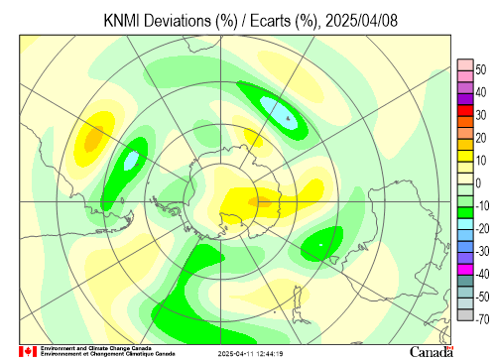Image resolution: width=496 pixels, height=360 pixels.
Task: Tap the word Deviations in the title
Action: coord(178,21)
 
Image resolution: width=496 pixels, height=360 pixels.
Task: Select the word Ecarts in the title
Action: coord(270,21)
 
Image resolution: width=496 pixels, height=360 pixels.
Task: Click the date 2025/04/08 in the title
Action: coord(361,21)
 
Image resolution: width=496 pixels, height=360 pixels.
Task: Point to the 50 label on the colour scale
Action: coord(481,69)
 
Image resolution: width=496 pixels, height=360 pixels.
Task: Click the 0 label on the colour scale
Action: coord(478,183)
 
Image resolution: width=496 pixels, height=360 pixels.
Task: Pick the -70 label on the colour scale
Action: coord(482,319)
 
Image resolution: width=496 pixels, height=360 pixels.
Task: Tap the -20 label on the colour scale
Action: coord(482,228)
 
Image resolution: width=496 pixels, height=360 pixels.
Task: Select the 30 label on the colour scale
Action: coord(481,115)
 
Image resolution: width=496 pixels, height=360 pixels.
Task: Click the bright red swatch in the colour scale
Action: coord(465,110)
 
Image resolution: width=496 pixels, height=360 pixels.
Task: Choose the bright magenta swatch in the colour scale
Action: coord(465,270)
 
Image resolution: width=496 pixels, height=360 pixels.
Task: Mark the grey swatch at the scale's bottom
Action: coord(465,314)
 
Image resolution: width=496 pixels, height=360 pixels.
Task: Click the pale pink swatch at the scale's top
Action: coord(465,65)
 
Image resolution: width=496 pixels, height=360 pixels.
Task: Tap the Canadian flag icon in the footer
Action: coord(28,351)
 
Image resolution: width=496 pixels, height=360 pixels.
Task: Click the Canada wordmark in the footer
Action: coord(432,352)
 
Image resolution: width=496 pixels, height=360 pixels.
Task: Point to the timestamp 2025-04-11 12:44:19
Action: coord(250,354)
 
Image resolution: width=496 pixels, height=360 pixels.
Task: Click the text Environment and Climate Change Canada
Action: coord(96,348)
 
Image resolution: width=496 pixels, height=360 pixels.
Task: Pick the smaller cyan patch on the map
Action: coord(131,161)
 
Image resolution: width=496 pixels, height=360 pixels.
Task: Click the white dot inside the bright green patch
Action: coord(320,245)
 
